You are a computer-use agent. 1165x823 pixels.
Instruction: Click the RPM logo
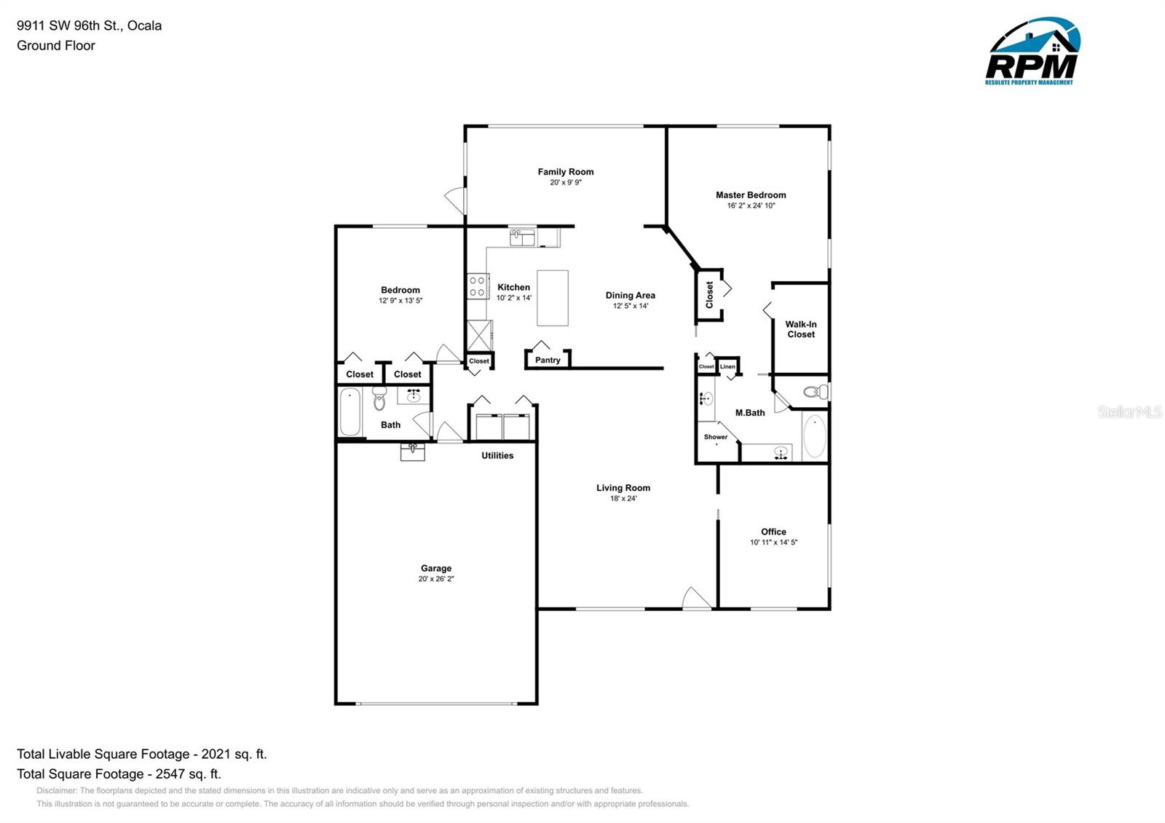click(1032, 52)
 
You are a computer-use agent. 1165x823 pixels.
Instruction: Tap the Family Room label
click(566, 172)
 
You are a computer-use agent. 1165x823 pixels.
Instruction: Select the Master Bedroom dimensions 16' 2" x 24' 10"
click(751, 206)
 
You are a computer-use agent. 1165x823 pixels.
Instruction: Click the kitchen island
click(553, 298)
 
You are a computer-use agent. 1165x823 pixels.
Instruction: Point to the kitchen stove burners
click(478, 286)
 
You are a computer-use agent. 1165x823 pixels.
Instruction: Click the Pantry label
click(548, 360)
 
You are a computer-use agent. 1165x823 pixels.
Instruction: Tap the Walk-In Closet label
click(801, 329)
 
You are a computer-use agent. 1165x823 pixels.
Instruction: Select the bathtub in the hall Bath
click(350, 412)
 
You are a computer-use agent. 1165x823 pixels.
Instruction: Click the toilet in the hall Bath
click(379, 398)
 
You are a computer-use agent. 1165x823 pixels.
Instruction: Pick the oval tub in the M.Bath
click(815, 436)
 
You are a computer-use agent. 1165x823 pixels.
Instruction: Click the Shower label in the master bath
click(715, 437)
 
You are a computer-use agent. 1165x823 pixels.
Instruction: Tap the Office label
click(773, 532)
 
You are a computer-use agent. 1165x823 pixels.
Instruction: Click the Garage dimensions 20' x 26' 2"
click(436, 579)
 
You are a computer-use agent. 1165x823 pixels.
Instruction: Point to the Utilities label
click(497, 455)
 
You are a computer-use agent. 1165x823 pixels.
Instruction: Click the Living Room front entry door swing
click(695, 599)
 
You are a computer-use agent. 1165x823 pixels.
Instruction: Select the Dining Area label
click(630, 295)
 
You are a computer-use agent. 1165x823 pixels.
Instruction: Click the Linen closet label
click(727, 366)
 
